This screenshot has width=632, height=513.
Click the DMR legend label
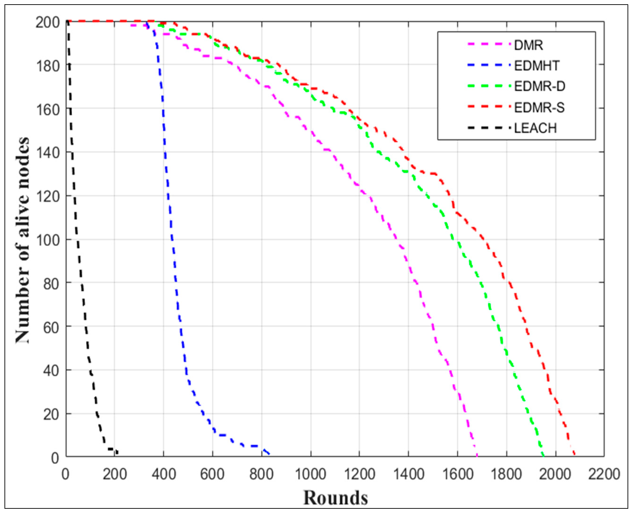[528, 45]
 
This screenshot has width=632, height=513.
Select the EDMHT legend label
[536, 66]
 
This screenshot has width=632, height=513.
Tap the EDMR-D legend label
[539, 86]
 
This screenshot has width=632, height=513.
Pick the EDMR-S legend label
[539, 107]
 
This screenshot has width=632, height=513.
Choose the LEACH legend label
[535, 128]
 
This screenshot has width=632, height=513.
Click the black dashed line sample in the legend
[489, 128]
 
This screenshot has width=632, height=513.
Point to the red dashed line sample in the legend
[489, 107]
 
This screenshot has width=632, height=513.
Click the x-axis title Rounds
[336, 498]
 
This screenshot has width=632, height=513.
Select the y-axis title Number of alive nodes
[23, 240]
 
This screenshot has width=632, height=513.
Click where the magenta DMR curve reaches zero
[477, 456]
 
